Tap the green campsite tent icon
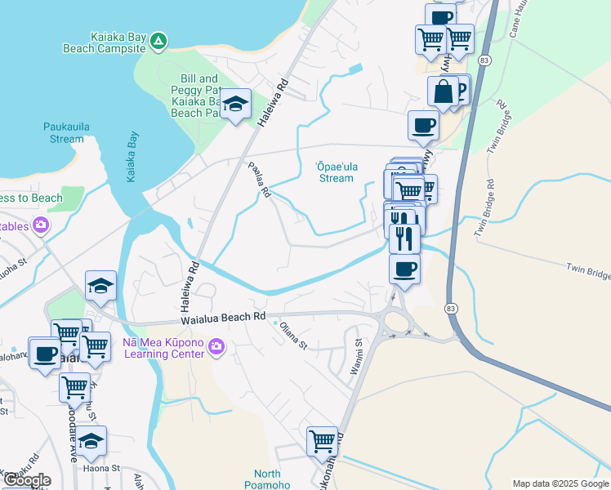click(x=158, y=40)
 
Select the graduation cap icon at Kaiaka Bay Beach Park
click(x=235, y=104)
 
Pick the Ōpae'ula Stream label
click(x=336, y=171)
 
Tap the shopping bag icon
click(x=444, y=91)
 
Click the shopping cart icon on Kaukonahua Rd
click(x=322, y=441)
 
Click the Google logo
click(x=27, y=480)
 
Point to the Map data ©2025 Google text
click(x=560, y=483)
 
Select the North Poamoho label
click(x=267, y=479)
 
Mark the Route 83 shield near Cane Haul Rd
click(x=485, y=61)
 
